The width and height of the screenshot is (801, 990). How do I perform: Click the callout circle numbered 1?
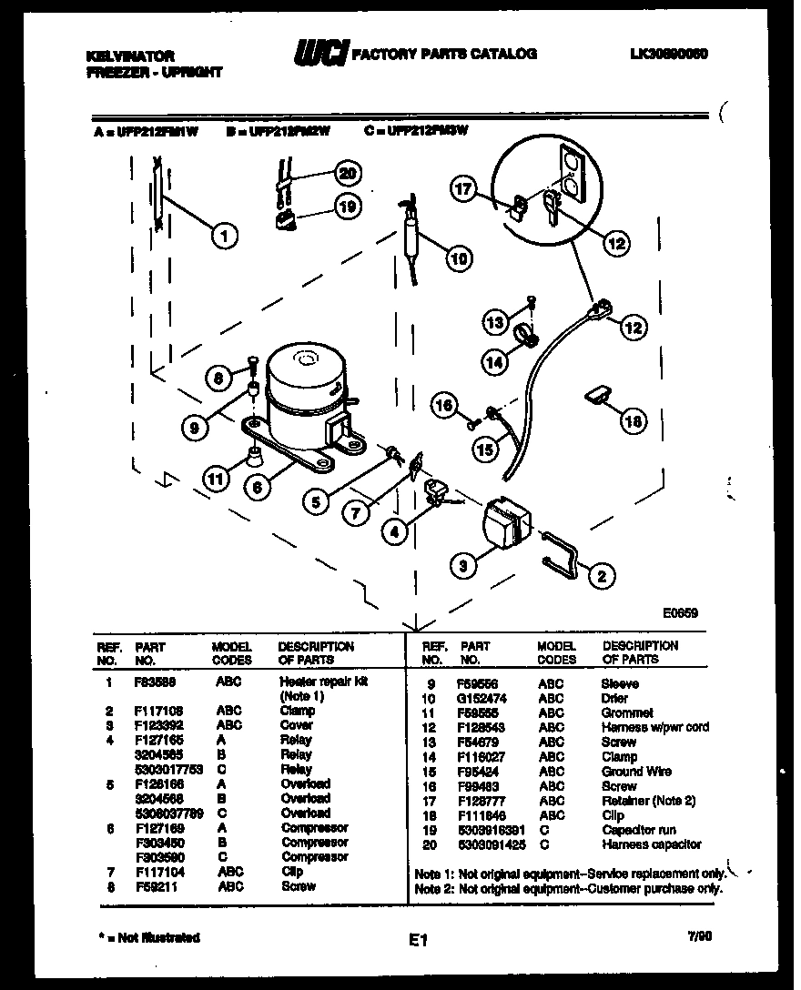tap(223, 236)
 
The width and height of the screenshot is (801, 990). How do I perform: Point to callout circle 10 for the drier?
tap(460, 258)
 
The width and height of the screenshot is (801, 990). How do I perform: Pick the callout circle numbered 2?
tap(601, 575)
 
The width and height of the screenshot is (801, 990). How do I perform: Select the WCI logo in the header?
tap(319, 56)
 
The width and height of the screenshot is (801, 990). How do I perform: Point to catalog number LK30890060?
tap(667, 54)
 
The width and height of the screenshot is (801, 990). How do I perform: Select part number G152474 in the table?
tap(482, 699)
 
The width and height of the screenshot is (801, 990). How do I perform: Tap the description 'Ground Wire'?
tap(636, 772)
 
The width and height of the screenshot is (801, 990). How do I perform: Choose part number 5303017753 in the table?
tap(167, 769)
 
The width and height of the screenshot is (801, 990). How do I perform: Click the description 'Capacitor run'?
tap(638, 830)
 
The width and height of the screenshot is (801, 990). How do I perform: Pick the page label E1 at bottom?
tap(418, 941)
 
